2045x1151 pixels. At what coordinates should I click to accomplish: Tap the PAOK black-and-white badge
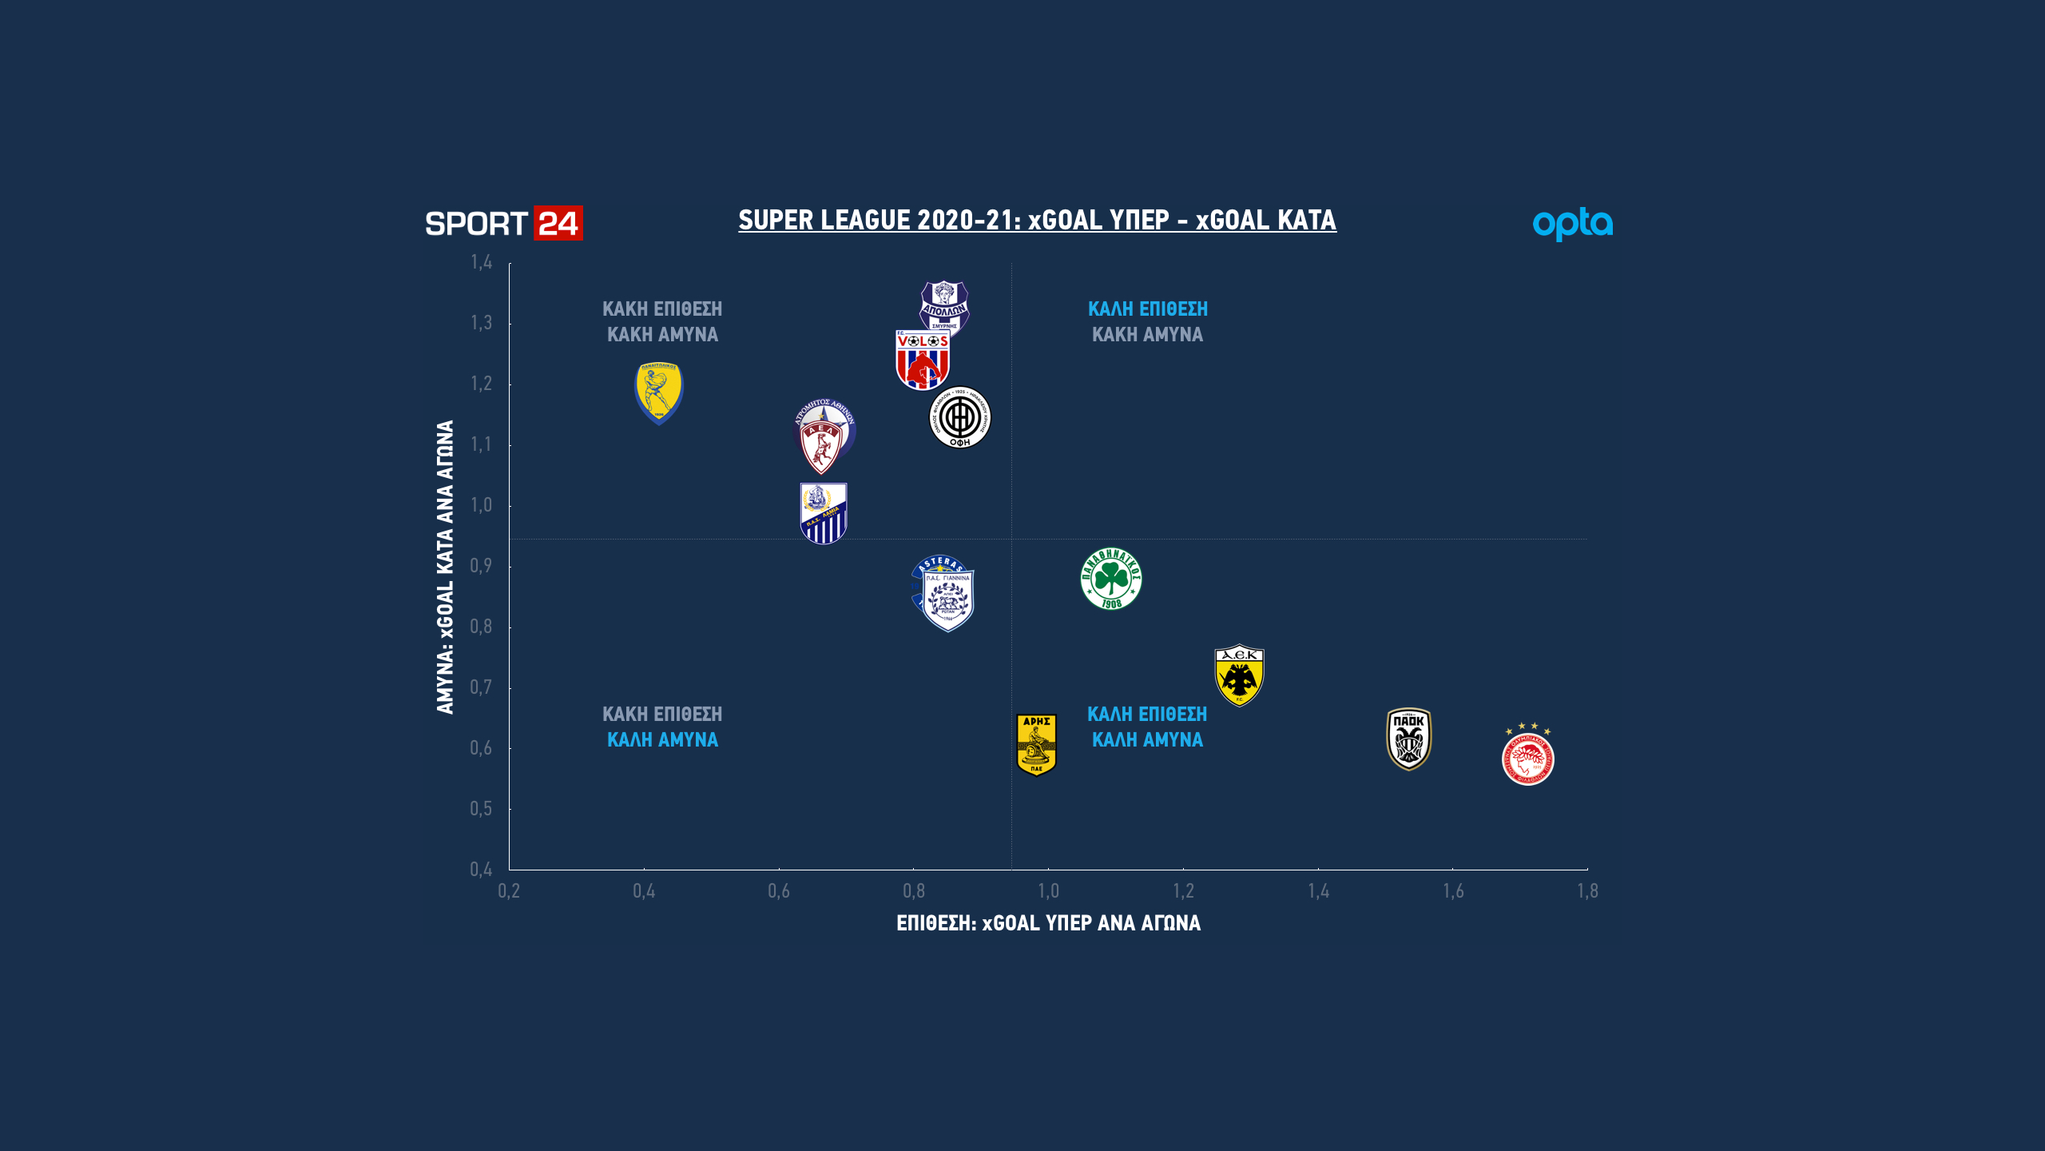(1408, 739)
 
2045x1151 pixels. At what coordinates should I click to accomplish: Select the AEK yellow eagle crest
(1239, 675)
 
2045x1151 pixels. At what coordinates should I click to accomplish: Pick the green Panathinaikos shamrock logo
(1111, 579)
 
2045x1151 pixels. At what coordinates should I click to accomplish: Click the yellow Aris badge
(1036, 744)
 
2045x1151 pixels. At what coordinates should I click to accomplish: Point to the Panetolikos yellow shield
(659, 393)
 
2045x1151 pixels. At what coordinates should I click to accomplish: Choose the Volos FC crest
(923, 360)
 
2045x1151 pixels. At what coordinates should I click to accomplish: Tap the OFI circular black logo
(960, 418)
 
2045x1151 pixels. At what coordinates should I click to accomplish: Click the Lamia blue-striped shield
(824, 513)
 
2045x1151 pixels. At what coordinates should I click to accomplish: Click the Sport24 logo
(503, 224)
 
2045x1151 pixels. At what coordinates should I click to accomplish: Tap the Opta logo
(1572, 224)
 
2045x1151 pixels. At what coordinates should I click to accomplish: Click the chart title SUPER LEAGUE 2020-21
(1037, 220)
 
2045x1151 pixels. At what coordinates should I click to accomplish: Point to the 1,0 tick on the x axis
(1048, 891)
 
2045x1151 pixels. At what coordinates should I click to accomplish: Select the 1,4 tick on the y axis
(481, 262)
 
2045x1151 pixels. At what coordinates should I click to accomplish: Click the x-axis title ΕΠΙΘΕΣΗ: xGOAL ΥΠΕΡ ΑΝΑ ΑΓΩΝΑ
(1048, 923)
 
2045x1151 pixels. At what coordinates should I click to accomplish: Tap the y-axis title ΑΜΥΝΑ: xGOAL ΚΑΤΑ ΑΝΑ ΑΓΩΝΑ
(445, 567)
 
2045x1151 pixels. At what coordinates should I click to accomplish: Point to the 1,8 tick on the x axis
(1587, 891)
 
